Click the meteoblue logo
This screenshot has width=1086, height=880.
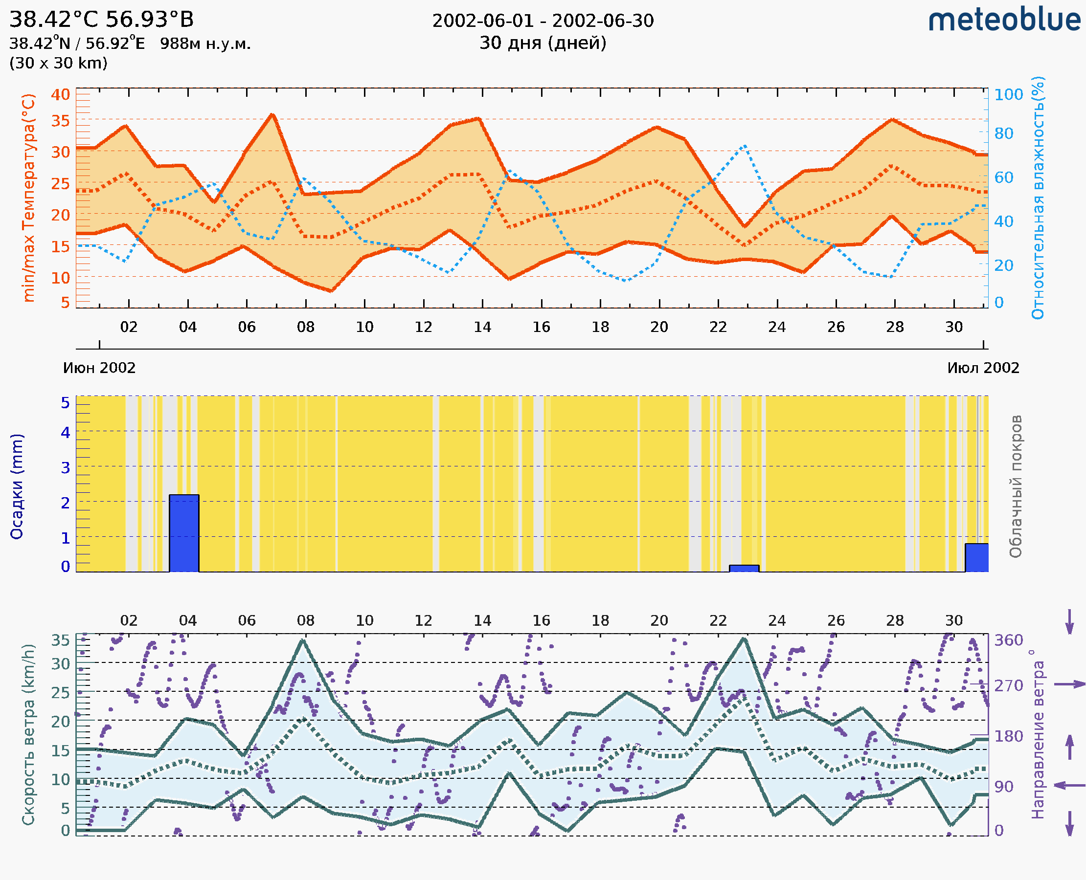point(1004,20)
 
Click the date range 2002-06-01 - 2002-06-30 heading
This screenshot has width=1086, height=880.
point(543,21)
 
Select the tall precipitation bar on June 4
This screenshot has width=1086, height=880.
point(184,533)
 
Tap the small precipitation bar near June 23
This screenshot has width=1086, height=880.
point(744,569)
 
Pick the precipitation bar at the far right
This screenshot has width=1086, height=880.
point(976,558)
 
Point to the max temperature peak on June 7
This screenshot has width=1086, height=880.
point(272,114)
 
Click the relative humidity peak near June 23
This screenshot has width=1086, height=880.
point(745,146)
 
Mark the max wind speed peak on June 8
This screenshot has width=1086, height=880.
point(302,640)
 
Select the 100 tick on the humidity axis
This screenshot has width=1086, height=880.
point(1008,94)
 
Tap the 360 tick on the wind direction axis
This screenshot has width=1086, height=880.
point(1008,640)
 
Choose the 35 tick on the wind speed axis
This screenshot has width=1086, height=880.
point(60,640)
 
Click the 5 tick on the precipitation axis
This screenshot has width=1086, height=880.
point(66,403)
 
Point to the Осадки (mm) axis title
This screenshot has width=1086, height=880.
point(17,486)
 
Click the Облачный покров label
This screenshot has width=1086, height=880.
point(1016,486)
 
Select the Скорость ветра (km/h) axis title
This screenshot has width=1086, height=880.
point(28,734)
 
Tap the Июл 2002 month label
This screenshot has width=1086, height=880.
point(983,368)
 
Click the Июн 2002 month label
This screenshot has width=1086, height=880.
point(99,368)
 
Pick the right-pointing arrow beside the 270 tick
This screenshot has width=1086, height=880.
point(1070,684)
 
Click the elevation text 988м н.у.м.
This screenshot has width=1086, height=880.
point(205,44)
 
